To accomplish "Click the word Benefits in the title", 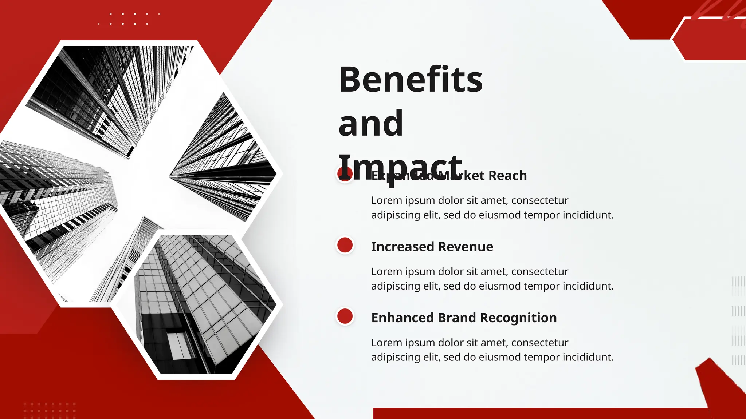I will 411,80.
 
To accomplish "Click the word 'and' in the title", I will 370,124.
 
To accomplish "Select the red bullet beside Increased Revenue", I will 345,245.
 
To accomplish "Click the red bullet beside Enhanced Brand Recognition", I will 345,316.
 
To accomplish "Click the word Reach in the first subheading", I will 507,176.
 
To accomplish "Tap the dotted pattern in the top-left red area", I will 129,19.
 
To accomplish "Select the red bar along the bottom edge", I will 539,414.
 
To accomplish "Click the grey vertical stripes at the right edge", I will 738,320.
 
